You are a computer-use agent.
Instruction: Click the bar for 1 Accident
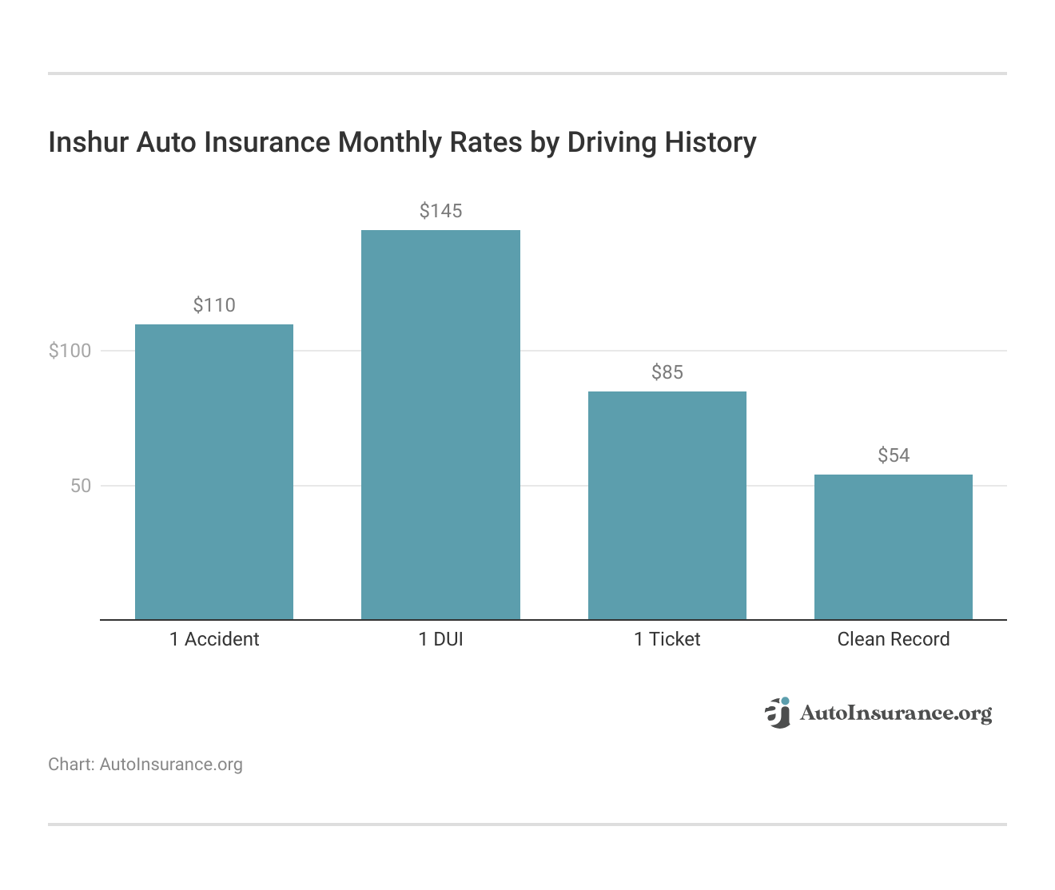click(214, 471)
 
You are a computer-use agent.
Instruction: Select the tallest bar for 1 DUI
click(440, 424)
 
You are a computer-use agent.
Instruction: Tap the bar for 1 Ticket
click(667, 505)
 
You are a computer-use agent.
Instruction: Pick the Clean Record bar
click(893, 546)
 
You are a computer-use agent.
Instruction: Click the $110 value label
click(214, 305)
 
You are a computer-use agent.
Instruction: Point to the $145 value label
click(440, 211)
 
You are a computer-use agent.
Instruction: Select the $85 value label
click(667, 372)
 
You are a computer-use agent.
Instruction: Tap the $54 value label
click(893, 455)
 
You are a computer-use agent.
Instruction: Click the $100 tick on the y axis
click(70, 351)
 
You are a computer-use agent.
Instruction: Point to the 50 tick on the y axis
click(81, 486)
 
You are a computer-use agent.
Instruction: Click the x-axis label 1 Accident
click(214, 639)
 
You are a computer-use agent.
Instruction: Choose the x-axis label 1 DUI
click(440, 639)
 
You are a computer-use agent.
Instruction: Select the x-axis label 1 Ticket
click(667, 639)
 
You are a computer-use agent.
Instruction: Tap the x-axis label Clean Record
click(893, 639)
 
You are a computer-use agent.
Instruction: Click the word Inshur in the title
click(89, 142)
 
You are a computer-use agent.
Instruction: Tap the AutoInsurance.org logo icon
click(778, 713)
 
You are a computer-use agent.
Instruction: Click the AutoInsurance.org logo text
click(896, 713)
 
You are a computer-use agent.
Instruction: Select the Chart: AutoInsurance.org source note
click(145, 765)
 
